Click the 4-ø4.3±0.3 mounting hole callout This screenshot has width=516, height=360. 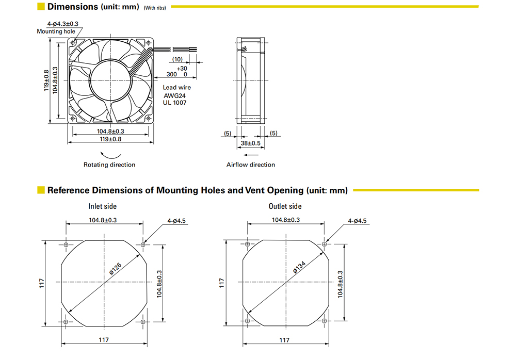(63, 24)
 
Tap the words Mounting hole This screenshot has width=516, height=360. (56, 31)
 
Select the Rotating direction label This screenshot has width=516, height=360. (109, 165)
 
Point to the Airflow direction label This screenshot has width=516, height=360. (251, 165)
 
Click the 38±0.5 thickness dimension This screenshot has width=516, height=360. (250, 143)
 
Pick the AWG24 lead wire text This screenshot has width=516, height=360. (175, 96)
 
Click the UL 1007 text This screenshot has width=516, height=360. (175, 103)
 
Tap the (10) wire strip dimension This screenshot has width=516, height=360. (178, 59)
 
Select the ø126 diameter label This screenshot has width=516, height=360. (116, 269)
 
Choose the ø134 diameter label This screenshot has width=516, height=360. (299, 267)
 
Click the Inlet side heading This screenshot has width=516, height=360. (102, 206)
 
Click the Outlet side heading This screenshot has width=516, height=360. (285, 206)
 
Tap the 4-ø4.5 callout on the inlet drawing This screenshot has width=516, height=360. (176, 221)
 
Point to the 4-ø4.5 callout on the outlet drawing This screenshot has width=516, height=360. (357, 221)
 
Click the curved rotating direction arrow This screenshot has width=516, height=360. (110, 156)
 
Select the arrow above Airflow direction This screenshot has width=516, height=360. (251, 155)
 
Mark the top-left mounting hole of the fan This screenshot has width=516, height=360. (73, 43)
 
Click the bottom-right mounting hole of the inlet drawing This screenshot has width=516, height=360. (143, 321)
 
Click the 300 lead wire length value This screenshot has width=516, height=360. (171, 74)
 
